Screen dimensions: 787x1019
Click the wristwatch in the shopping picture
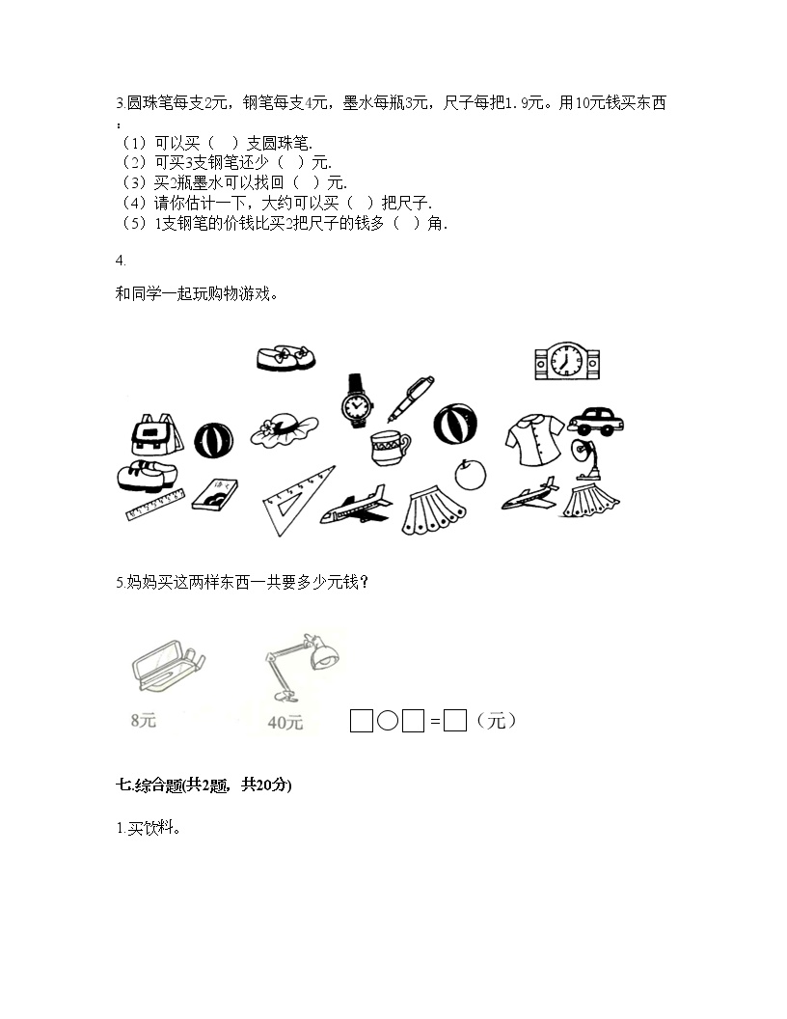coord(357,401)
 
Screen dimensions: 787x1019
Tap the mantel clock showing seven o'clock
coord(567,361)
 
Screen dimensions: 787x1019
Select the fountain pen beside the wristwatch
coord(411,399)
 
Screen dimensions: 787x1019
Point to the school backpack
coord(156,434)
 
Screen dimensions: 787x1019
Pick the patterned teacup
coord(390,448)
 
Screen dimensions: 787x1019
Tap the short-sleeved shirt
coord(534,441)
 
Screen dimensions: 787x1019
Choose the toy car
coord(595,421)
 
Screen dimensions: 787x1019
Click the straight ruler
coord(155,505)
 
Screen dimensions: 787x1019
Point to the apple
coord(470,474)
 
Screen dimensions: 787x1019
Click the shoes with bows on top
coord(285,358)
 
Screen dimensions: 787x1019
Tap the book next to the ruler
coord(215,495)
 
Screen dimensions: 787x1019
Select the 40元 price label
coord(285,722)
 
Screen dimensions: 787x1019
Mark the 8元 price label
coord(144,720)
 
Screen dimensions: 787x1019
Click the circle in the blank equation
coord(388,721)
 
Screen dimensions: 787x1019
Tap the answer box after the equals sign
coord(455,721)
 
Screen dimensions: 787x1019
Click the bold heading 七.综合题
coord(204,785)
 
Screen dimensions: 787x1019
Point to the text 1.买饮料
coord(149,828)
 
